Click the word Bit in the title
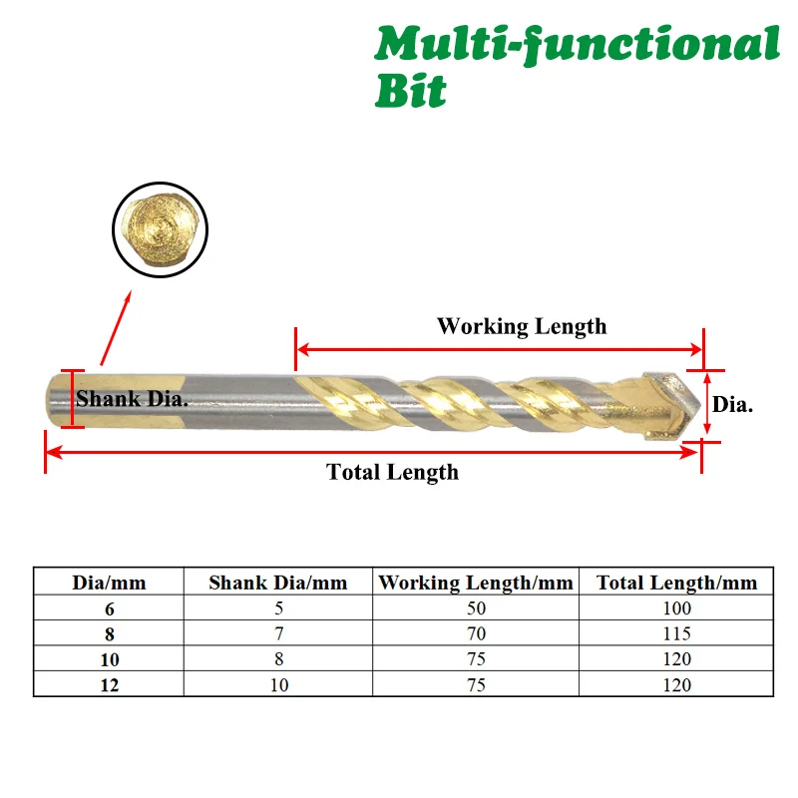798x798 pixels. [x=410, y=91]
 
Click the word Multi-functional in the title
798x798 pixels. [x=577, y=45]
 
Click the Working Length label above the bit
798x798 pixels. [x=521, y=326]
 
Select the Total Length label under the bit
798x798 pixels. [x=392, y=472]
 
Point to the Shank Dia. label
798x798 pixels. [x=133, y=399]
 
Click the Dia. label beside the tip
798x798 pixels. [x=732, y=404]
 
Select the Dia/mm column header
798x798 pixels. [x=109, y=583]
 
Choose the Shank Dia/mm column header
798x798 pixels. [x=277, y=583]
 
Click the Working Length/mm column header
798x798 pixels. [x=476, y=583]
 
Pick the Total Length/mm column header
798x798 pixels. [x=676, y=583]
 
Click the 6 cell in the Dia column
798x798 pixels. [x=109, y=607]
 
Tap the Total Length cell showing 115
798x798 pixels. [x=676, y=633]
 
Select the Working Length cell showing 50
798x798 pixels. [x=476, y=607]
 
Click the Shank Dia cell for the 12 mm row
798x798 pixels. [x=277, y=684]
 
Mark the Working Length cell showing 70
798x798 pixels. [x=476, y=633]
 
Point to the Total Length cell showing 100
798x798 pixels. [x=676, y=607]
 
